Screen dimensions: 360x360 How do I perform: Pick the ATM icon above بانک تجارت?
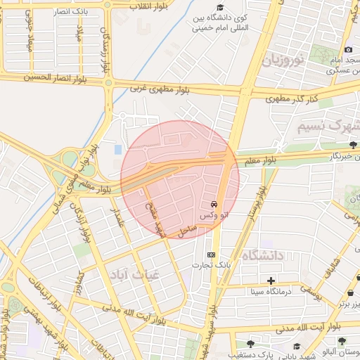coord(211,254)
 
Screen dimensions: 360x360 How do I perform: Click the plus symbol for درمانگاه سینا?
coord(271,281)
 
